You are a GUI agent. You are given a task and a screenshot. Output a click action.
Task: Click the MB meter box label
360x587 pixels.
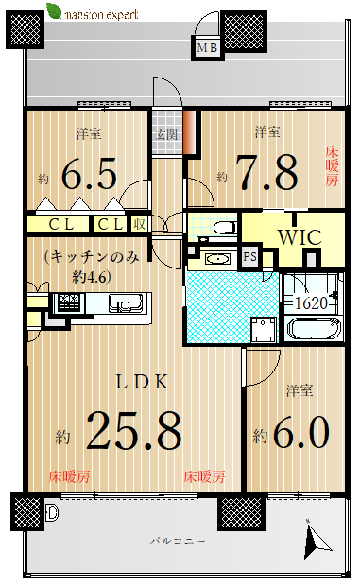pos(207,48)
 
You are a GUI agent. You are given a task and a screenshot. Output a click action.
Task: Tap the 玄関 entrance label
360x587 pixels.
pos(167,134)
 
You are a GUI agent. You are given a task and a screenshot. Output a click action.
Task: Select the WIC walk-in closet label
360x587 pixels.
pos(300,237)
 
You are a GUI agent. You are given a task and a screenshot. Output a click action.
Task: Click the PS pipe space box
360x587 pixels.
pos(250,256)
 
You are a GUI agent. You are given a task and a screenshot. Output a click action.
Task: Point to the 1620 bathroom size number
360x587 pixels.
pos(312,302)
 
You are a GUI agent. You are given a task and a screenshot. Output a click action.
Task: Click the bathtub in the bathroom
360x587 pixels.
pos(315,328)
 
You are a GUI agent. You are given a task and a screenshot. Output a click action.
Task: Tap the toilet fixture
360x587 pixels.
pos(224,227)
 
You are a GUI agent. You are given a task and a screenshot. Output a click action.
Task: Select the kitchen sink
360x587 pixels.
pos(126,302)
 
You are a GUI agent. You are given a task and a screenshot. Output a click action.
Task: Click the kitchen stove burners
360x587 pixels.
pos(69,302)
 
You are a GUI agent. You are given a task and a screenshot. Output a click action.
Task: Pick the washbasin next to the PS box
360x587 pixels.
pos(214,259)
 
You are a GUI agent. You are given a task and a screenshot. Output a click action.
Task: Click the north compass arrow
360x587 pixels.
pos(317,540)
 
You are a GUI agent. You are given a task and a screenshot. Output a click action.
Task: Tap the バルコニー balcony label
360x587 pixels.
pos(178,541)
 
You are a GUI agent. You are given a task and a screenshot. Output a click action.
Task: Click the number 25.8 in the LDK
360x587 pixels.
pos(134,430)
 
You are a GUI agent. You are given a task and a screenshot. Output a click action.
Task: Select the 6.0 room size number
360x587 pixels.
pos(301,432)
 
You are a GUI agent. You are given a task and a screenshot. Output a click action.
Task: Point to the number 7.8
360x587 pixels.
pos(268,173)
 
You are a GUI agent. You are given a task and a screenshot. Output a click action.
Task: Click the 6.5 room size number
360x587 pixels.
pos(89,174)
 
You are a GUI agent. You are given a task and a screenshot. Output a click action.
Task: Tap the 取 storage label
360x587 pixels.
pos(140,224)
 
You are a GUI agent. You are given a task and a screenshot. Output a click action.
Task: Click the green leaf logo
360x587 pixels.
pos(54,10)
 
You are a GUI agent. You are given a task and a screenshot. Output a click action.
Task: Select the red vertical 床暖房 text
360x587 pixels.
pos(332,166)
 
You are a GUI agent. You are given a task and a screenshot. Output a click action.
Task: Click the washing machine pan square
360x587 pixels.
pos(264,330)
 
